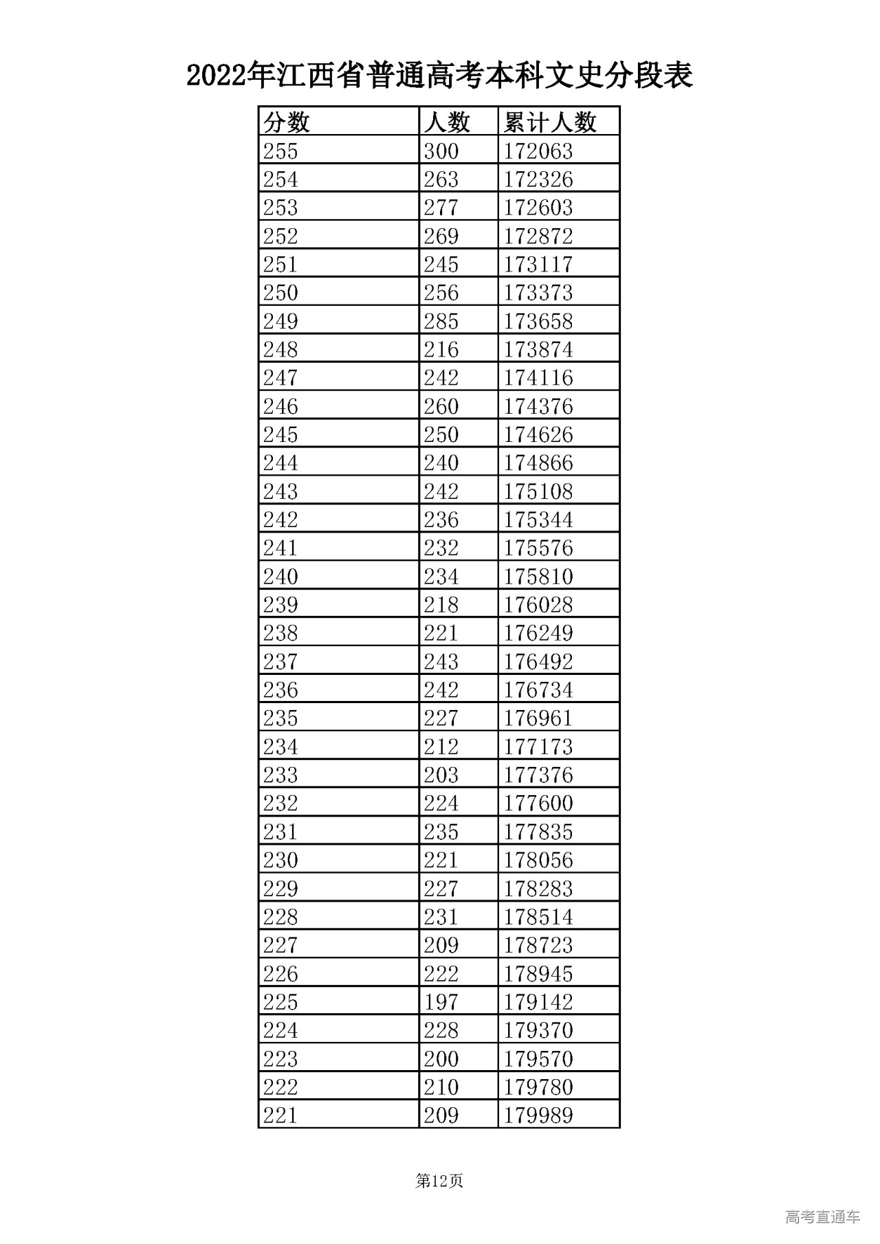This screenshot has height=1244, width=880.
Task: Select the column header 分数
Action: click(287, 122)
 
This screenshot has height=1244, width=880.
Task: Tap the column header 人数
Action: click(447, 122)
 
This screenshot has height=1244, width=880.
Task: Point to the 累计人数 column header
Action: click(550, 122)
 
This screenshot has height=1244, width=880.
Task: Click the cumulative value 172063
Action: click(538, 151)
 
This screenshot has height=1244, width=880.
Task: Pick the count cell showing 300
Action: click(441, 151)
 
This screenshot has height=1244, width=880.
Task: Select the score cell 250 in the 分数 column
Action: click(280, 293)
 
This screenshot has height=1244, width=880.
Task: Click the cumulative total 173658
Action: click(538, 322)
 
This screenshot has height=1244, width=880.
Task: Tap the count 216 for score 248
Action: click(441, 350)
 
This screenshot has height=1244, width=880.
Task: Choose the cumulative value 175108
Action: click(538, 491)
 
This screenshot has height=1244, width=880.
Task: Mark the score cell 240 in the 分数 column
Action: click(280, 577)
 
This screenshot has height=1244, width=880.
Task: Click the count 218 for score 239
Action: click(441, 605)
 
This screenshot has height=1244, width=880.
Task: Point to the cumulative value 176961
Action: click(538, 718)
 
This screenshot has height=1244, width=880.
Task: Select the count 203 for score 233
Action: click(441, 775)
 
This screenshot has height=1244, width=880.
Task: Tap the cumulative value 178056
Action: click(538, 860)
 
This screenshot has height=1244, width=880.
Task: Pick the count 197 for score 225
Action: click(441, 1002)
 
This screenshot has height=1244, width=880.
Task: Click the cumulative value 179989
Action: click(538, 1115)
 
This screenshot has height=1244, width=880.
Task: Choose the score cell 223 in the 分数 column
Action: click(280, 1058)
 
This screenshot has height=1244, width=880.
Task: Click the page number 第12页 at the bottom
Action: click(439, 1181)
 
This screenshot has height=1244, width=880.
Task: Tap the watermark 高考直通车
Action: click(822, 1217)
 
